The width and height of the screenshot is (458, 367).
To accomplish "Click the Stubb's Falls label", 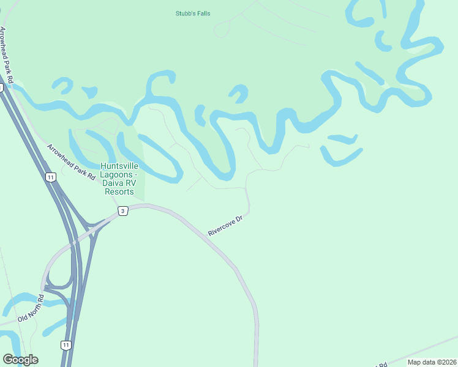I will (193, 13).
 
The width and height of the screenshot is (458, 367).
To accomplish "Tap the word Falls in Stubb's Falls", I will (202, 13).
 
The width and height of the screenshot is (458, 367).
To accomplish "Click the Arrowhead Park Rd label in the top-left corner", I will (9, 56).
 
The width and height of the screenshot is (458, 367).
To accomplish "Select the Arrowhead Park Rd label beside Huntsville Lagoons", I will (72, 162).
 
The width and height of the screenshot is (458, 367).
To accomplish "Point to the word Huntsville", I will (119, 166).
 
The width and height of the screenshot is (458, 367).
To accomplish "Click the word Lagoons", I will (114, 175).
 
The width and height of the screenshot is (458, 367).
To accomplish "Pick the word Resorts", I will (119, 191).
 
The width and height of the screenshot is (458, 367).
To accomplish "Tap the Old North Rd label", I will (32, 309).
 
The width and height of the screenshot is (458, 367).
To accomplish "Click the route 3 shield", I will (123, 211).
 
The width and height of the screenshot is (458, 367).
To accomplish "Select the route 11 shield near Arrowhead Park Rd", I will (50, 177).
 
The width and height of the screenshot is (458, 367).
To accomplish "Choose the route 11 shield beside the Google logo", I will (66, 345).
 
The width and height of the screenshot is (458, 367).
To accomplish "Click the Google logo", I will (20, 360).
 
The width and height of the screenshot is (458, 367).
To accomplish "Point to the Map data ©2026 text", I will (431, 361).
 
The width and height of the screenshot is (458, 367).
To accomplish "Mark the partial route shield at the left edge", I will (1, 87).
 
